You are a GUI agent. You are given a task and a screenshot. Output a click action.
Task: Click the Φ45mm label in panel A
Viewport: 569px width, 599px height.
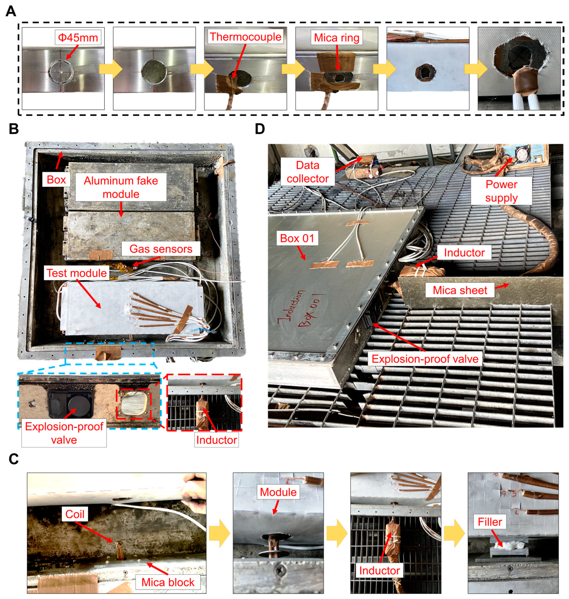point(78,38)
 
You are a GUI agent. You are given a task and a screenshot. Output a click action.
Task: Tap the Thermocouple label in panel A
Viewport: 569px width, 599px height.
point(245,37)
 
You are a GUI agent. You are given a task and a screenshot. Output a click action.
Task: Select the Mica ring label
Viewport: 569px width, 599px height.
point(336,38)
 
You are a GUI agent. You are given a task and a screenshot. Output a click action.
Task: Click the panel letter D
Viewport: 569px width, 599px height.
point(260,129)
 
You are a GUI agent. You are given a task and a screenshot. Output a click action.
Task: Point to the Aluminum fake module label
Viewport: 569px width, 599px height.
point(121,187)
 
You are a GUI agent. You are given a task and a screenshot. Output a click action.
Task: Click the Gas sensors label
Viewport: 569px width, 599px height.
point(161,249)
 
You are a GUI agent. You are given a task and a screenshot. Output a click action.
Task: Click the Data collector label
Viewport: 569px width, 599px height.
point(308,172)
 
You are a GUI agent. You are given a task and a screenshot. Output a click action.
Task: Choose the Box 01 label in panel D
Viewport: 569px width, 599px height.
point(297,238)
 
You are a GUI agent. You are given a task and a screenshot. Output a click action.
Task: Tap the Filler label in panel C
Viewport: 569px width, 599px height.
point(490,522)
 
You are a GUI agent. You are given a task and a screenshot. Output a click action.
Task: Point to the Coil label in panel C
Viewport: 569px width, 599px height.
point(75,514)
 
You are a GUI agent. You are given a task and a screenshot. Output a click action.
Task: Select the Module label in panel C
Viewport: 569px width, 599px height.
point(278,492)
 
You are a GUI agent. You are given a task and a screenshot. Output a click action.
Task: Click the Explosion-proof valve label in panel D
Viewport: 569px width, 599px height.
point(425,359)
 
